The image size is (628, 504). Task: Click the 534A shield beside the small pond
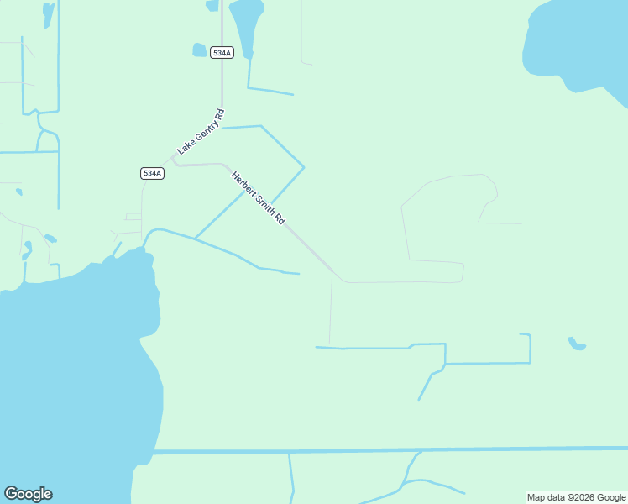pyautogui.click(x=222, y=53)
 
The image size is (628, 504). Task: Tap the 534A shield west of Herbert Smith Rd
pyautogui.click(x=152, y=173)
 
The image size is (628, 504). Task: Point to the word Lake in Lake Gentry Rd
pyautogui.click(x=184, y=148)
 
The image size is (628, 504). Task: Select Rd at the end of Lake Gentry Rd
pyautogui.click(x=219, y=113)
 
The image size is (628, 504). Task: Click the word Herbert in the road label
pyautogui.click(x=243, y=185)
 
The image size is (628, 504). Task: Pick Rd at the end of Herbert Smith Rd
pyautogui.click(x=280, y=220)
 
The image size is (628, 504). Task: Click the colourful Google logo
pyautogui.click(x=29, y=494)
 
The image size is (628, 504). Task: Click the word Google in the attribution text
pyautogui.click(x=612, y=497)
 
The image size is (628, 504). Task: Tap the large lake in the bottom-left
pyautogui.click(x=67, y=378)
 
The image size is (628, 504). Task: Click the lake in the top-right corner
pyautogui.click(x=579, y=42)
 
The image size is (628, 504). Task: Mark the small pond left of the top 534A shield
pyautogui.click(x=199, y=50)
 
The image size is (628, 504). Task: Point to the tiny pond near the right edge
pyautogui.click(x=576, y=344)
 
